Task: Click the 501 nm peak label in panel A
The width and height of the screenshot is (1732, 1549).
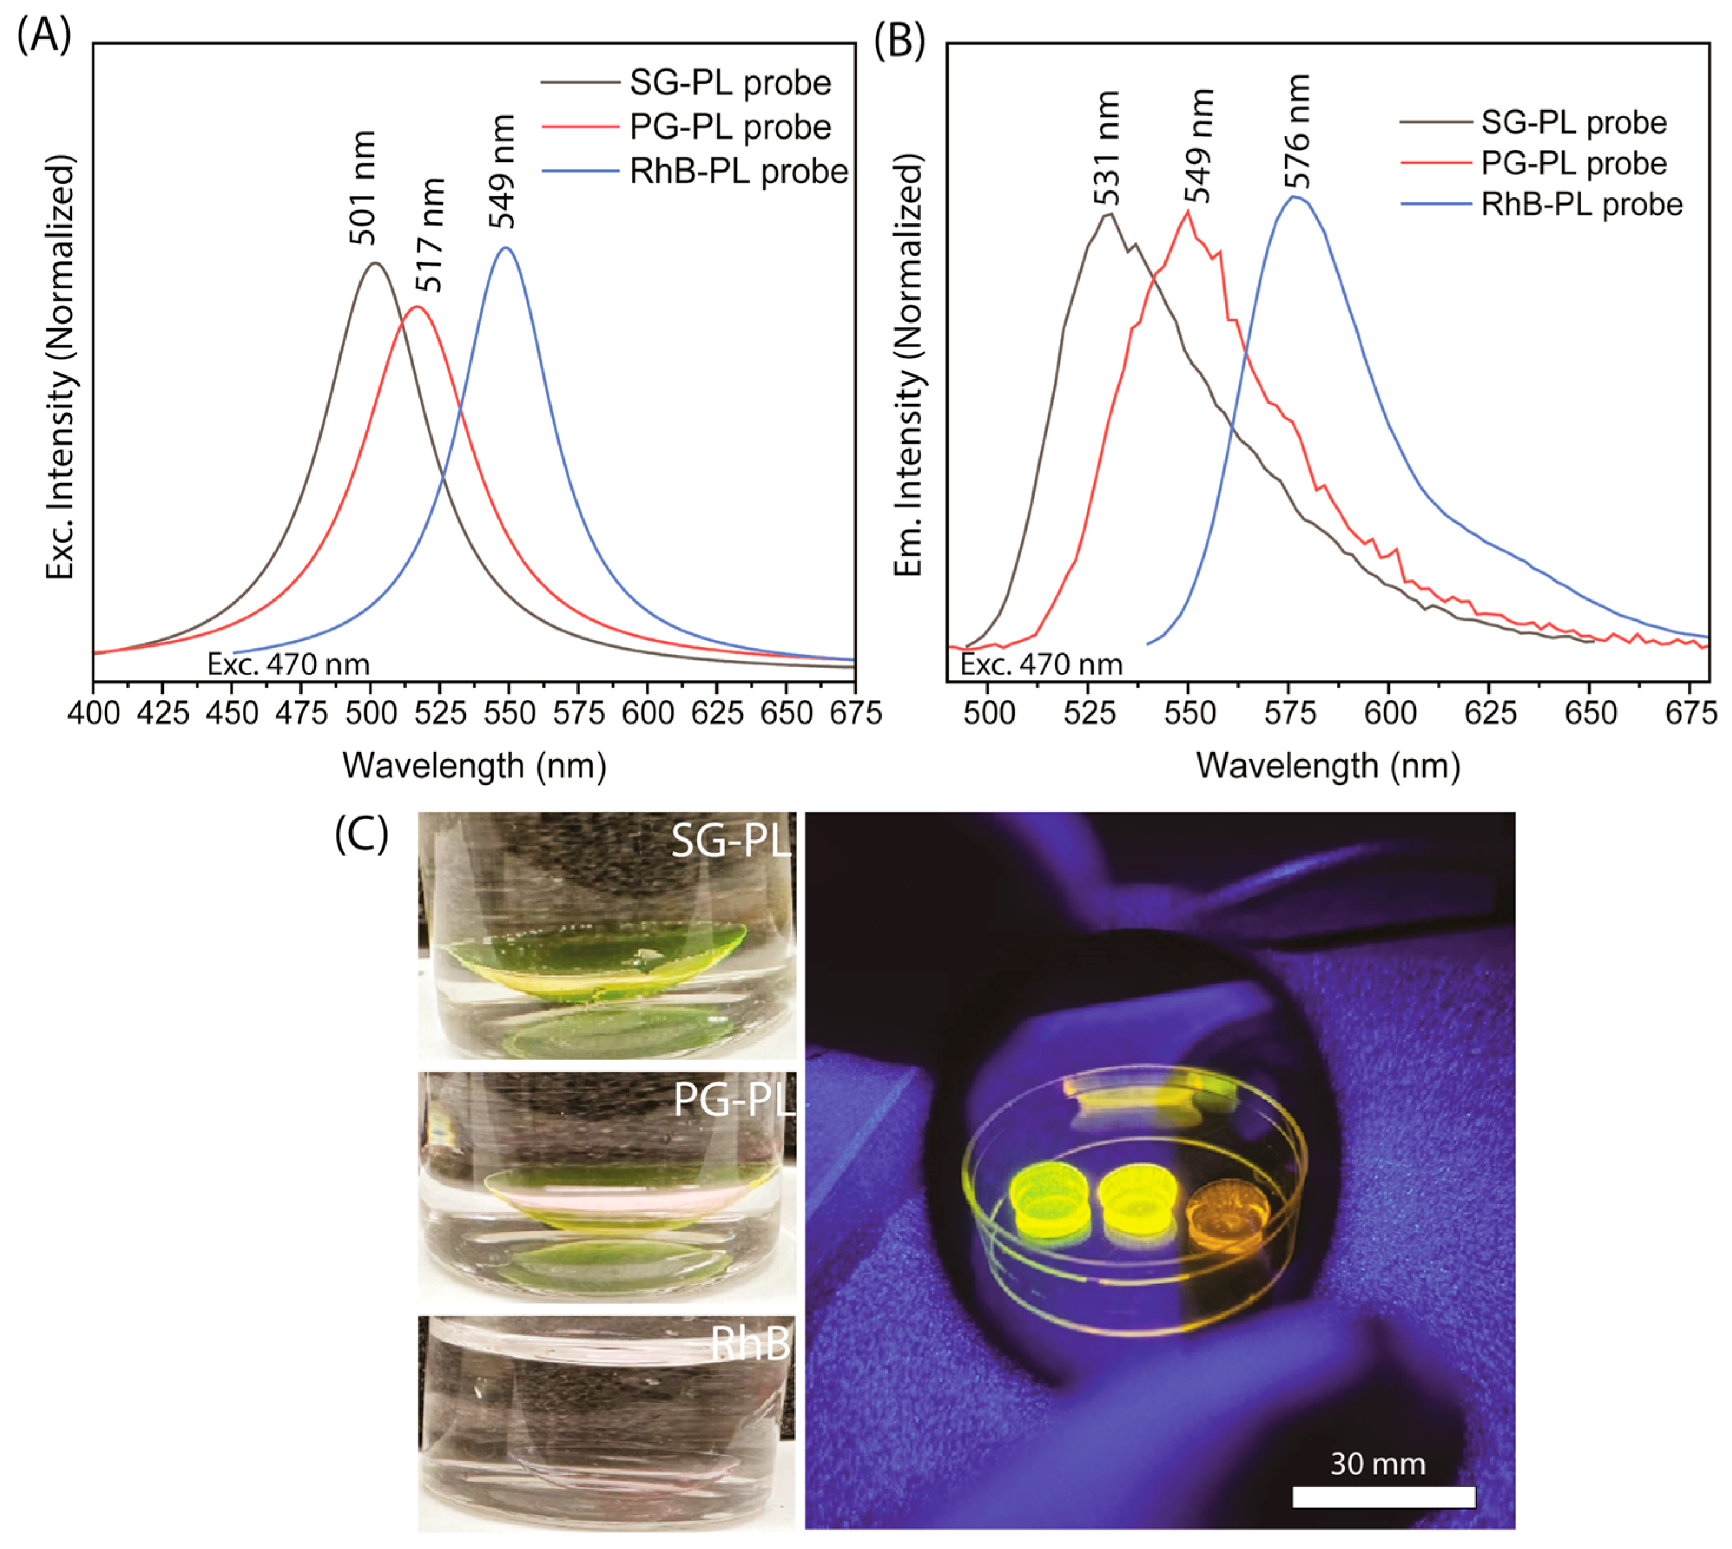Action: click(x=362, y=187)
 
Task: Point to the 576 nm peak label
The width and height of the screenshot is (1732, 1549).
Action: click(x=1298, y=132)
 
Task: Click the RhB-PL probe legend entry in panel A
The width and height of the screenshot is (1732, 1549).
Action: click(x=737, y=172)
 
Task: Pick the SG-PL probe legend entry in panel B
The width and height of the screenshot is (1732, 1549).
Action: click(x=1573, y=123)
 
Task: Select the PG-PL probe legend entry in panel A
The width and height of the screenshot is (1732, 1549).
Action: click(x=730, y=127)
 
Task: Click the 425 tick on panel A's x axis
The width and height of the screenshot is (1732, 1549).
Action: click(x=163, y=713)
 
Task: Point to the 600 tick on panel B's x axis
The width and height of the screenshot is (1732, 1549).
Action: click(x=1389, y=713)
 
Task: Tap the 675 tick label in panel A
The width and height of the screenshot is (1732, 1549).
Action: click(x=855, y=713)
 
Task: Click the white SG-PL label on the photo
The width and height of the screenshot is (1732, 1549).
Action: click(x=730, y=841)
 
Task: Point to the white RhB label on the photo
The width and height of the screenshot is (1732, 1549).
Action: click(x=750, y=1344)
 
